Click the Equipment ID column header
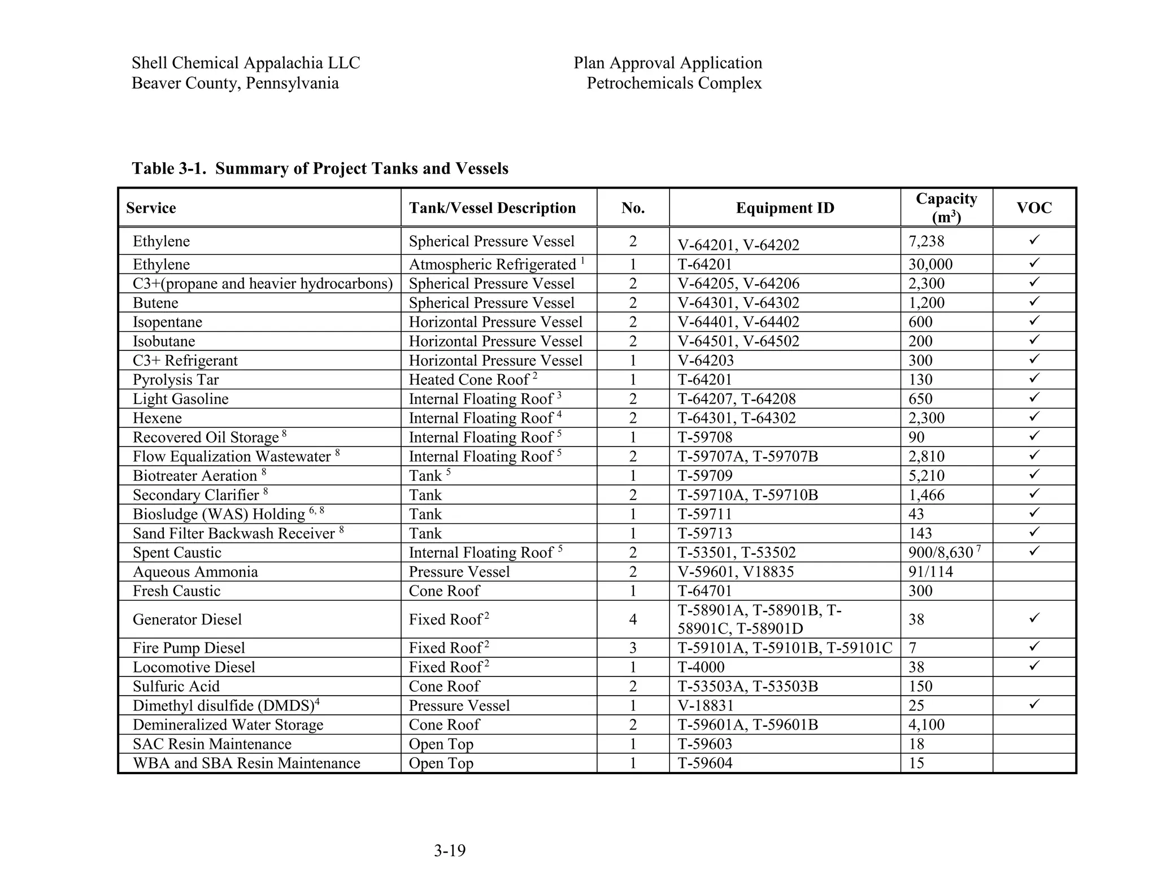tap(784, 208)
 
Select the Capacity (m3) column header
tap(946, 207)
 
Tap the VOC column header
tap(1034, 208)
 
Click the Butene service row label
tap(155, 303)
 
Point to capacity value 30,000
tap(930, 264)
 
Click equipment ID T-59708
tap(704, 437)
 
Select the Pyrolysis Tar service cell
tap(175, 380)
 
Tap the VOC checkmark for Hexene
tap(1034, 417)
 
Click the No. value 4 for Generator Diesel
tap(633, 619)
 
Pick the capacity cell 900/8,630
tap(943, 552)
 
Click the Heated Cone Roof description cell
tap(472, 380)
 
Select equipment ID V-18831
tap(705, 705)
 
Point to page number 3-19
tap(450, 850)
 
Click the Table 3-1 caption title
tap(320, 168)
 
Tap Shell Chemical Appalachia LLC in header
tap(246, 63)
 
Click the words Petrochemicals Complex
tap(674, 83)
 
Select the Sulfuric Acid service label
tap(176, 686)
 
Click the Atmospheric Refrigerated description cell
tap(495, 264)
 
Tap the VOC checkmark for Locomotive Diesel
tap(1034, 666)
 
